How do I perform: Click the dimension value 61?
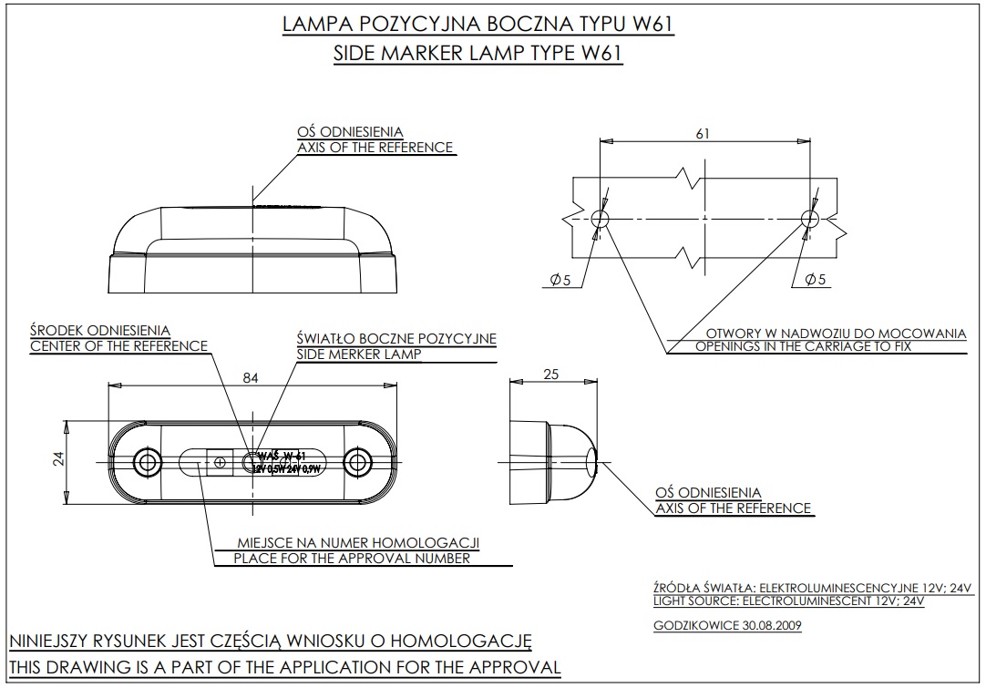tap(703, 134)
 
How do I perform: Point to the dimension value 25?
tap(549, 375)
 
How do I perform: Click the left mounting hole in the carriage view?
tap(600, 218)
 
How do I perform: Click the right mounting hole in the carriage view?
tap(807, 218)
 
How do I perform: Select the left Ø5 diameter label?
tap(560, 281)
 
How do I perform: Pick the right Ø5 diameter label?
tap(816, 281)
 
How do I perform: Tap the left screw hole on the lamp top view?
tap(146, 461)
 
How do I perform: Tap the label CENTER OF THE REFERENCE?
tap(118, 346)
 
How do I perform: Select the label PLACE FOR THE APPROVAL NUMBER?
tap(352, 559)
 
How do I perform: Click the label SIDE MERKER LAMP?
tap(359, 354)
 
